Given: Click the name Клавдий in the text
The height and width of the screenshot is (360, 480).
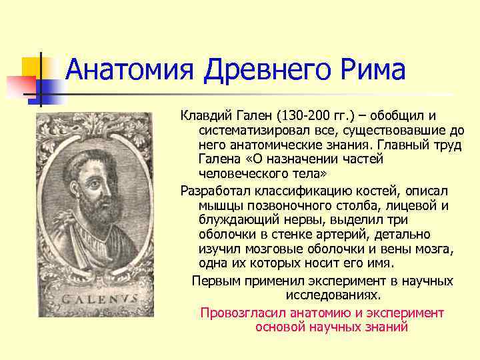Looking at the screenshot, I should [205, 116].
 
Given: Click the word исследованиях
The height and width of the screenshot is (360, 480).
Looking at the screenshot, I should [333, 295].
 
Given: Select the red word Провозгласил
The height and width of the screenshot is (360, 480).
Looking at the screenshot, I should [242, 313].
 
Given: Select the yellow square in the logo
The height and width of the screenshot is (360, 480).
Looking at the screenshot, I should [32, 67].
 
